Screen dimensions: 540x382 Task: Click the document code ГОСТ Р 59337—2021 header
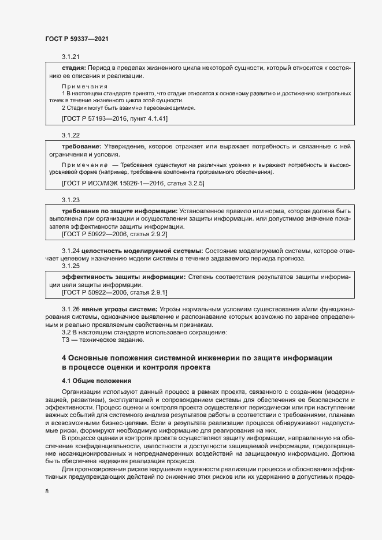[x=77, y=39]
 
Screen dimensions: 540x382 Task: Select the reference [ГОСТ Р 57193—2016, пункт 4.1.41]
[x=114, y=118]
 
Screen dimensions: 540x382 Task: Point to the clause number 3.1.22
[x=70, y=135]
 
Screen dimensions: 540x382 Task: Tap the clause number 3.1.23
[x=70, y=200]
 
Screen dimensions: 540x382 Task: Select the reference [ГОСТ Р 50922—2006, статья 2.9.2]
[x=114, y=234]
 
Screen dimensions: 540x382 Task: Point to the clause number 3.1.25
[x=70, y=266]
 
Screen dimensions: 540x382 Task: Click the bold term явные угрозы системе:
[x=119, y=309]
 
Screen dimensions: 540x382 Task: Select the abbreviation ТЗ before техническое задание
[x=65, y=340]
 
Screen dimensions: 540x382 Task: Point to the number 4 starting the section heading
[x=64, y=359]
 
